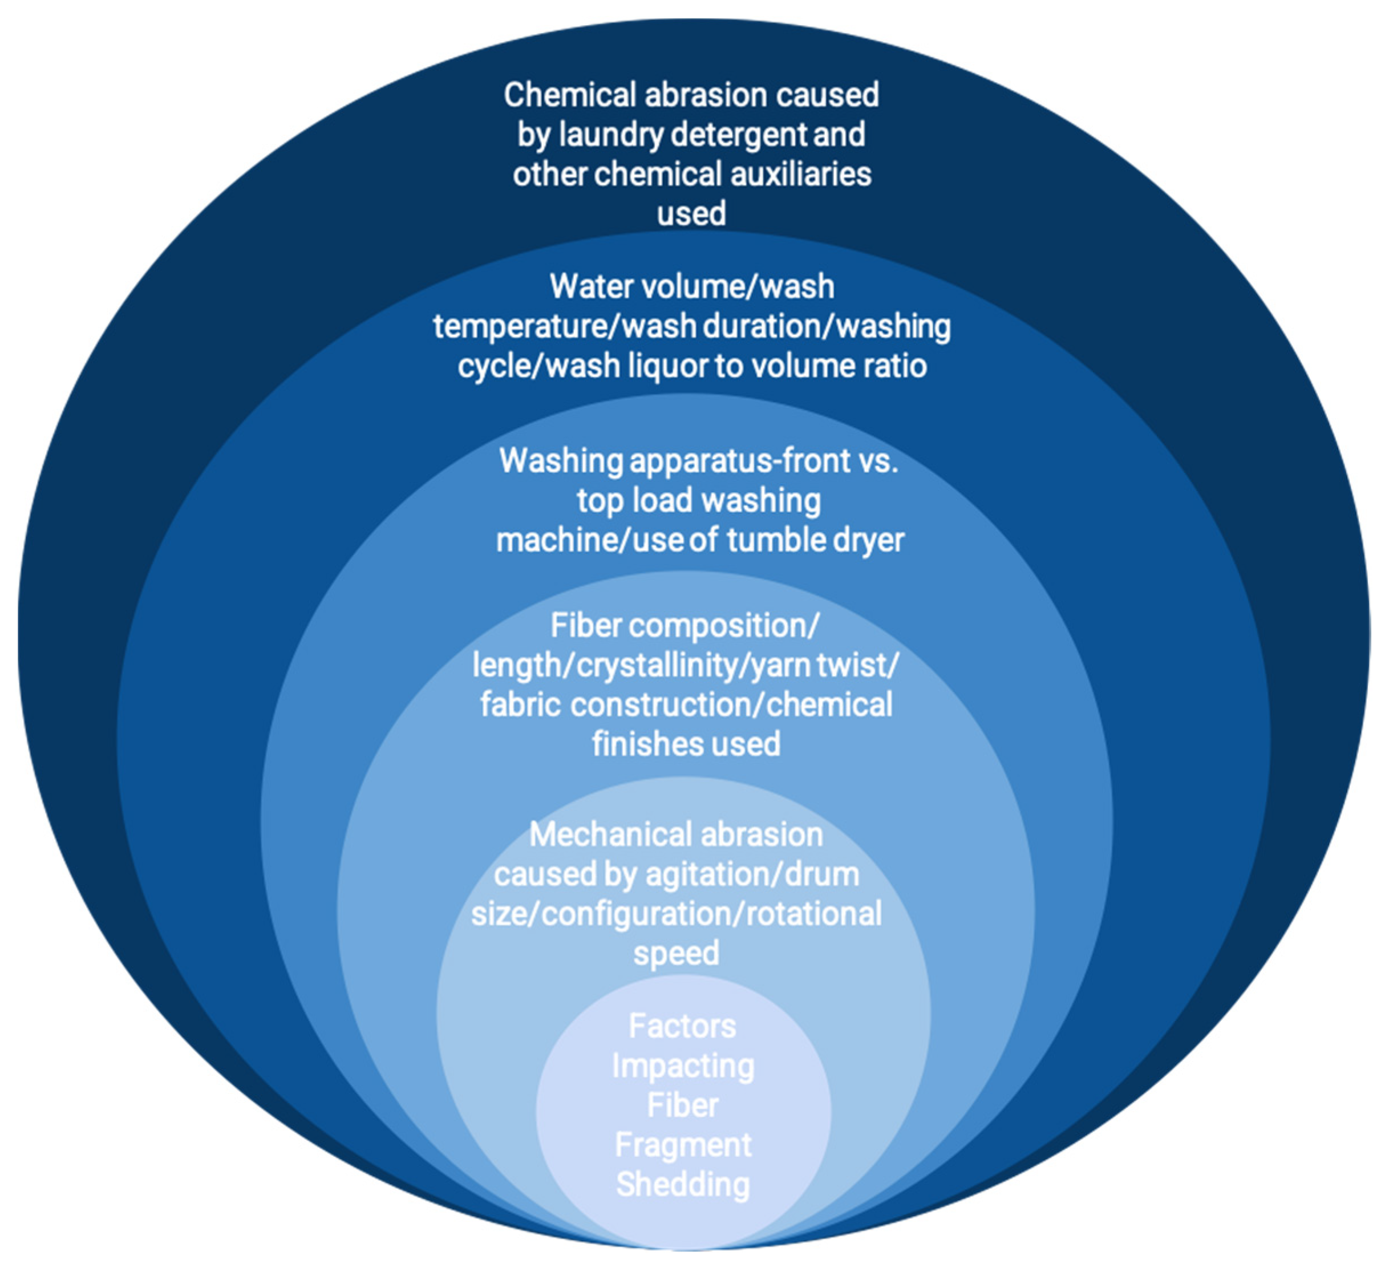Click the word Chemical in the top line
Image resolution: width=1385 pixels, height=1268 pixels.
tap(569, 95)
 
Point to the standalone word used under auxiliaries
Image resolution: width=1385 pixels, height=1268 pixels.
tap(691, 214)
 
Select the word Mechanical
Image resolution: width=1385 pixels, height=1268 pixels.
tap(584, 835)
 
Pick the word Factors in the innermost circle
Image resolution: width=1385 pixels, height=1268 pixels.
tap(682, 1027)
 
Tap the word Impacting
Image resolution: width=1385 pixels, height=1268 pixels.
tap(683, 1067)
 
